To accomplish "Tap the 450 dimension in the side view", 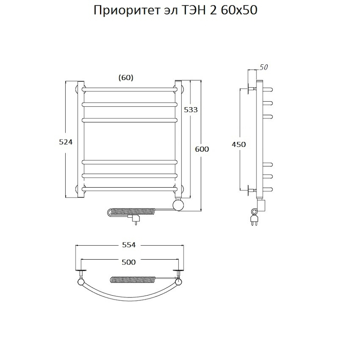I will [239, 144].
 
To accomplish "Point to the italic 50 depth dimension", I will [263, 67].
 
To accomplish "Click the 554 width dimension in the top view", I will [129, 245].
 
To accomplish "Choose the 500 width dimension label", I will [129, 262].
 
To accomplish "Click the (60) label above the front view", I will [126, 78].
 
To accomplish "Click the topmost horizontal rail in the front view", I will [130, 88].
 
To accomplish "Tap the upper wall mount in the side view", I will [251, 89].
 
